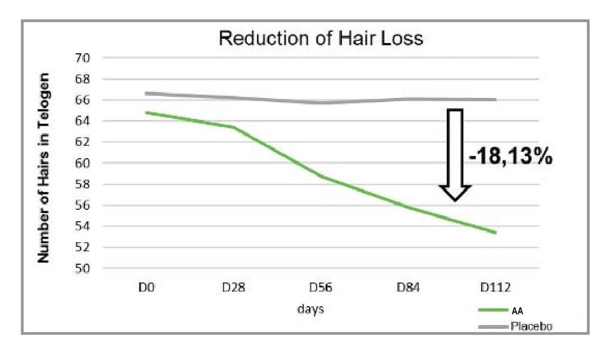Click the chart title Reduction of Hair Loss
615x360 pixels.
tap(321, 39)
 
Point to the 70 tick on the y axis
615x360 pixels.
tap(82, 58)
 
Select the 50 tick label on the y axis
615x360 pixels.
tap(82, 269)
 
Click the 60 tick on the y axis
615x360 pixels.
tap(82, 163)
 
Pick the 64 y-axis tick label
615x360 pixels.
tap(82, 121)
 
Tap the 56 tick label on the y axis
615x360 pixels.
tap(82, 205)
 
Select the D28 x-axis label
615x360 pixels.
tap(234, 288)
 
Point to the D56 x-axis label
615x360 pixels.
tap(321, 288)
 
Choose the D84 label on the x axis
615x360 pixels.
tap(409, 288)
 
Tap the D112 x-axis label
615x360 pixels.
tap(496, 288)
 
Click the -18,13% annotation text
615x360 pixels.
tap(510, 158)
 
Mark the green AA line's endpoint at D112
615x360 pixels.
tap(495, 233)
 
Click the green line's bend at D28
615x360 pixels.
tap(234, 127)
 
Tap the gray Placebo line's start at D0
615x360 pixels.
tap(147, 93)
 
